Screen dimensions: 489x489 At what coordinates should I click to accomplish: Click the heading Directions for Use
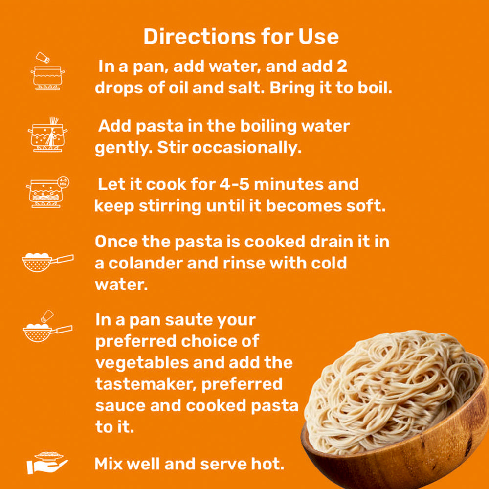point(241,37)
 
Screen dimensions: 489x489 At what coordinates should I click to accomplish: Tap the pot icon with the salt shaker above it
point(47,71)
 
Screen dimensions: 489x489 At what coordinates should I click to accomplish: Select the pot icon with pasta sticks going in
point(47,135)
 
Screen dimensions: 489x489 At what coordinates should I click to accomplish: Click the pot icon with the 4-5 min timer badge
point(47,192)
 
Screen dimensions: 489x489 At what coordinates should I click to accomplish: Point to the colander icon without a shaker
point(47,262)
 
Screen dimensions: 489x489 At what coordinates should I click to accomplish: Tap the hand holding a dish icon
point(47,463)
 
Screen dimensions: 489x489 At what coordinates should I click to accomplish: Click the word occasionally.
point(246,148)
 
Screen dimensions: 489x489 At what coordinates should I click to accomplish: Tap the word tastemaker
point(146,384)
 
